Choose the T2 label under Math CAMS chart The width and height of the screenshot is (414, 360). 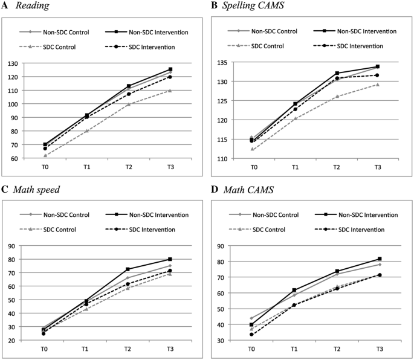(337, 349)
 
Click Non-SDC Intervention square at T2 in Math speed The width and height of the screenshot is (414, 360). (128, 269)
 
